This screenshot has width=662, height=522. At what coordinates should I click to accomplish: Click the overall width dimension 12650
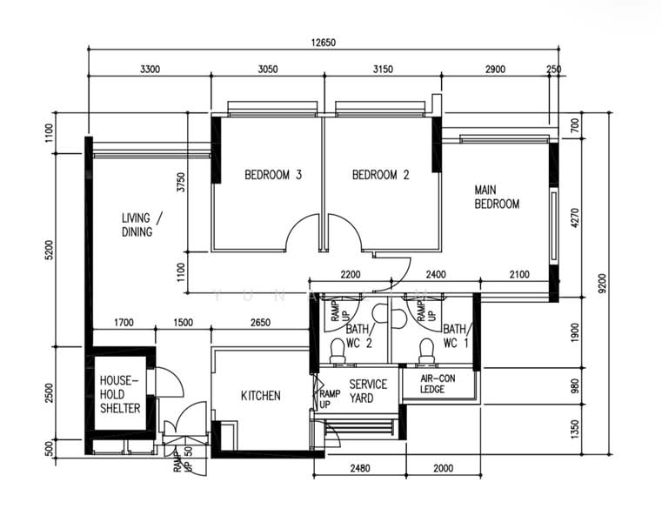[324, 43]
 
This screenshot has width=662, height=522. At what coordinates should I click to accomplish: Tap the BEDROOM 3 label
[273, 174]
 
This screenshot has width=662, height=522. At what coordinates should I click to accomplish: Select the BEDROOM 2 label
[381, 174]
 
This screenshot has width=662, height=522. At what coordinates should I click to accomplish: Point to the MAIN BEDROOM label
[497, 197]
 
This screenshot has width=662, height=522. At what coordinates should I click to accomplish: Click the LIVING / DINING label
[142, 224]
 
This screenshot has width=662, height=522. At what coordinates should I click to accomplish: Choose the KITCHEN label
[260, 396]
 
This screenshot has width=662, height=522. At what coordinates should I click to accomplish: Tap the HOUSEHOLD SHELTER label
[120, 394]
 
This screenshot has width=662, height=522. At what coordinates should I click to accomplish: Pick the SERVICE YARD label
[368, 391]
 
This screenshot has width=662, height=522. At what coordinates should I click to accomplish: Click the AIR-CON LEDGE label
[438, 384]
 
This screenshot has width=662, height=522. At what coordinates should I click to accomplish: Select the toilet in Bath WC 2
[338, 351]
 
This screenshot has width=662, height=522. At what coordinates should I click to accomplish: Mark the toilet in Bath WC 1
[426, 351]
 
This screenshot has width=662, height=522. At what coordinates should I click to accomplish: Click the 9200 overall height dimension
[603, 284]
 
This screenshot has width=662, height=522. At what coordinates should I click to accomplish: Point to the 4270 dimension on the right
[575, 217]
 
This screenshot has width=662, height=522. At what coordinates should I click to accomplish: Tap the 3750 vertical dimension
[181, 182]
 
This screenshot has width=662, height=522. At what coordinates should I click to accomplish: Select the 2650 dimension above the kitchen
[260, 323]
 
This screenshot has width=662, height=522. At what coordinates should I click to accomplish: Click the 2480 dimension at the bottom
[360, 468]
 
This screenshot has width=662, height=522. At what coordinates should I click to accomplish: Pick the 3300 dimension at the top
[150, 69]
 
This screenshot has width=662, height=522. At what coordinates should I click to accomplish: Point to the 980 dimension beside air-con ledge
[575, 386]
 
